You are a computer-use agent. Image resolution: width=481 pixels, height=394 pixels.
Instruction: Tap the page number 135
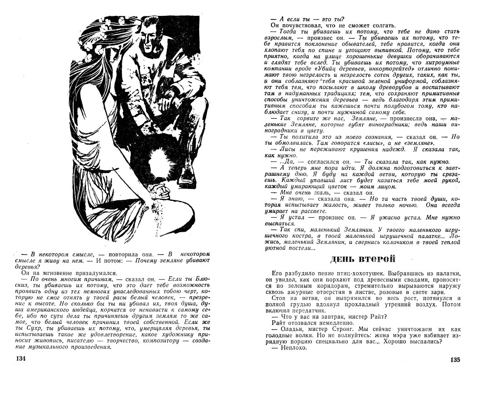(x=456, y=360)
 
